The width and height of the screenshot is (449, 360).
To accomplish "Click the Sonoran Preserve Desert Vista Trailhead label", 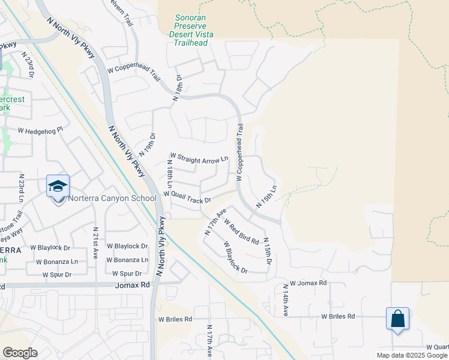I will [x=190, y=31].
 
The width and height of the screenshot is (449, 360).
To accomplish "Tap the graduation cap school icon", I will [x=58, y=187].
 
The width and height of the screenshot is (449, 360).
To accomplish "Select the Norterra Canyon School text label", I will [x=112, y=199].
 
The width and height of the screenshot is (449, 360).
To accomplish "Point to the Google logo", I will [x=19, y=353].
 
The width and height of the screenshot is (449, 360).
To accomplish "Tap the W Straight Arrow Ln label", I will [x=199, y=159].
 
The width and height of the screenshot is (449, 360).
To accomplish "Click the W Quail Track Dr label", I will [x=187, y=197].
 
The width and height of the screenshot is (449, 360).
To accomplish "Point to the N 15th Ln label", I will [x=267, y=196].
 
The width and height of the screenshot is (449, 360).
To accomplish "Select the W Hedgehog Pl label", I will [x=40, y=130].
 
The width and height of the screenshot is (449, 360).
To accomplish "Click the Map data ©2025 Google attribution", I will [x=412, y=355].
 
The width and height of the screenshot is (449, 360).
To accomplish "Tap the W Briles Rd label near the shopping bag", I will [x=338, y=316].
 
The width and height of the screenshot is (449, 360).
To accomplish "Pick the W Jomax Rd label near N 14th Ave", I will [x=308, y=283].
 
